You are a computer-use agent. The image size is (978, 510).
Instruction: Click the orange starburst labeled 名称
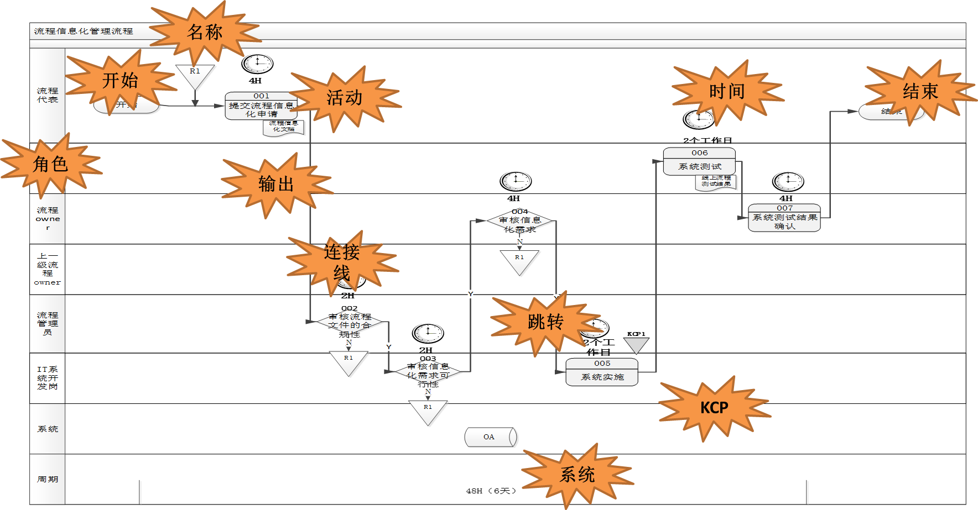tap(205, 32)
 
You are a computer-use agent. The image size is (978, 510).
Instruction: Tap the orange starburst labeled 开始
tap(120, 81)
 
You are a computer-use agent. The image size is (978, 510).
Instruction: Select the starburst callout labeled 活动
tap(344, 98)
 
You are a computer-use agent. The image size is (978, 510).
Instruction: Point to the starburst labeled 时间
tap(727, 91)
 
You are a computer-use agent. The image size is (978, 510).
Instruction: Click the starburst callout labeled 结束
tap(920, 91)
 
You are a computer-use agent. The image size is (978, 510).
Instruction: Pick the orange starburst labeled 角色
tap(50, 164)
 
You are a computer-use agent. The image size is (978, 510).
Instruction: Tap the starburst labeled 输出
tap(276, 183)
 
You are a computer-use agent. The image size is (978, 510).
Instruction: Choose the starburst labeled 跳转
tap(545, 322)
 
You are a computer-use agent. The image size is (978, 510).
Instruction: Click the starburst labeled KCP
tap(714, 408)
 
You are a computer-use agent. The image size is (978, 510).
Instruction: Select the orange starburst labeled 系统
tap(577, 474)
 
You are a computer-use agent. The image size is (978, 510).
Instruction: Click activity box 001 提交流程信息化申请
tap(261, 106)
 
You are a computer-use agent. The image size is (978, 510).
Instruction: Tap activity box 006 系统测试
tap(699, 161)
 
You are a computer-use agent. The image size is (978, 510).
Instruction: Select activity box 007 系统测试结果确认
tap(784, 218)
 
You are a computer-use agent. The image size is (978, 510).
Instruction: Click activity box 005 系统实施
tap(602, 372)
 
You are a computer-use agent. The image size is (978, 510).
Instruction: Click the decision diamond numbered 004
tap(520, 220)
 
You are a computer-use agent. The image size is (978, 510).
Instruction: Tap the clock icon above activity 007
tap(788, 181)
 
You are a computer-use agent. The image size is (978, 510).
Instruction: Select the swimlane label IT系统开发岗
tap(48, 378)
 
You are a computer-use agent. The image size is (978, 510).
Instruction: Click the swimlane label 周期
tap(48, 479)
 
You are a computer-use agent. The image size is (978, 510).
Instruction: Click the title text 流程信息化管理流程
tap(84, 31)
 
